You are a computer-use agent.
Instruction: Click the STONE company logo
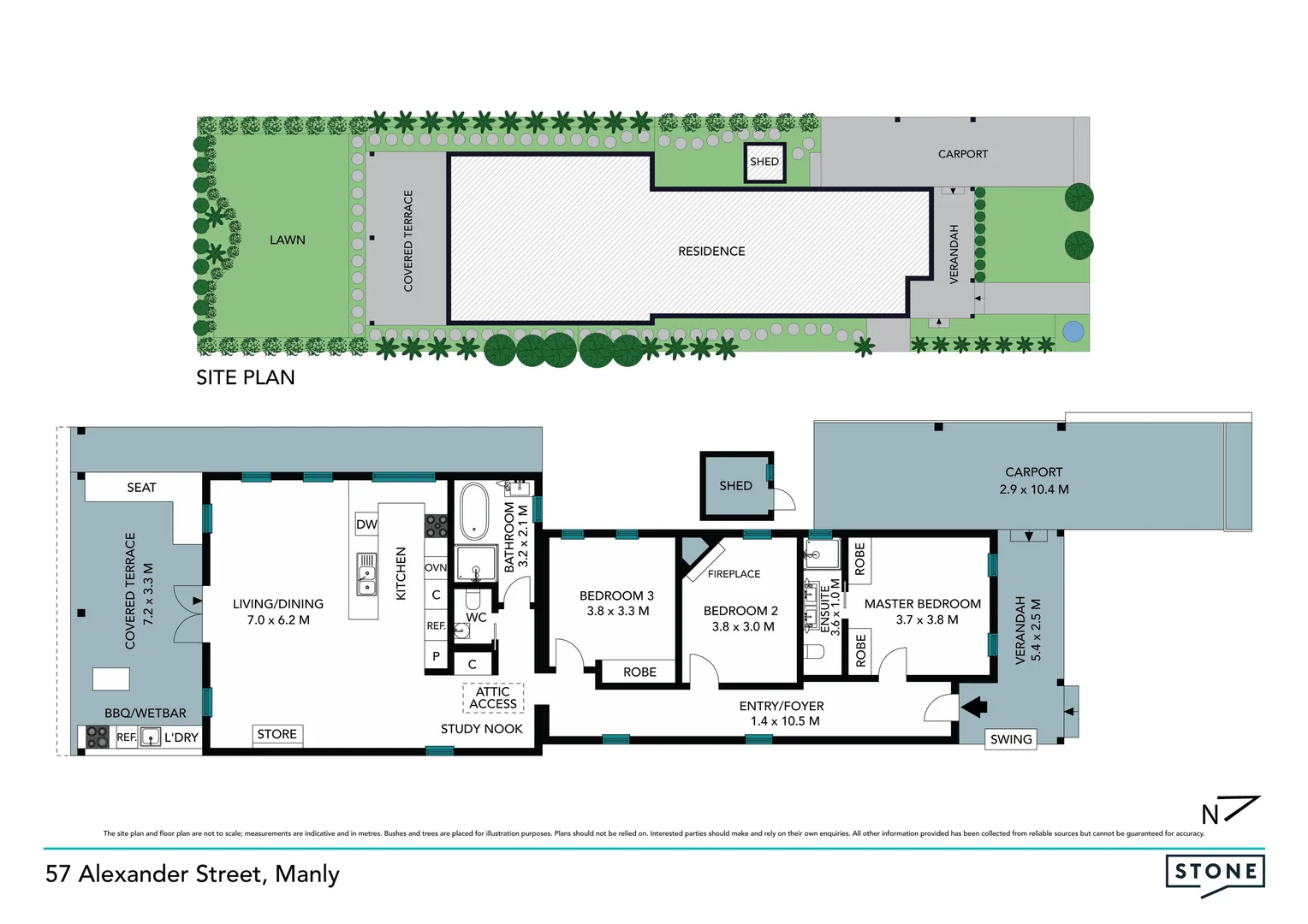pos(1215,873)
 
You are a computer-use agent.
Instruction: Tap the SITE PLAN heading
pos(245,377)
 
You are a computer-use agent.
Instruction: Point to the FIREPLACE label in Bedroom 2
pos(734,574)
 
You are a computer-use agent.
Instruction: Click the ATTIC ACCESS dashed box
pos(493,698)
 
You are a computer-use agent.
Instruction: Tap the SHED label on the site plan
pos(764,162)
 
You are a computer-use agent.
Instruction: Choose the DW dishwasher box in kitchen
pos(366,524)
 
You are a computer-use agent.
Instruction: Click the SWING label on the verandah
pos(1010,739)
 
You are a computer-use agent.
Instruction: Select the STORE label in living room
pos(276,734)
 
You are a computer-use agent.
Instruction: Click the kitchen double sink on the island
pos(366,574)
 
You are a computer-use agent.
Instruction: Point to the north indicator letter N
pos(1210,814)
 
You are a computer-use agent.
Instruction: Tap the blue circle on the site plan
pos(1072,331)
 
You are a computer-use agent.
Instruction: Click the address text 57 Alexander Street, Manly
pos(193,874)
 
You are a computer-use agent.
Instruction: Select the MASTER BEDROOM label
pos(922,604)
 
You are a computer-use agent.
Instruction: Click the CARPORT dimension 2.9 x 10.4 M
pos(1033,489)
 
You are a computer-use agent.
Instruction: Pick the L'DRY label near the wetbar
pos(181,737)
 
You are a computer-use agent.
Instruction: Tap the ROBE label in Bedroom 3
pos(639,672)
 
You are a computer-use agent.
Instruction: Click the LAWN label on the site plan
pos(287,240)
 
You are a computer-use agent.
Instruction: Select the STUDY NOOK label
pos(481,729)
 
